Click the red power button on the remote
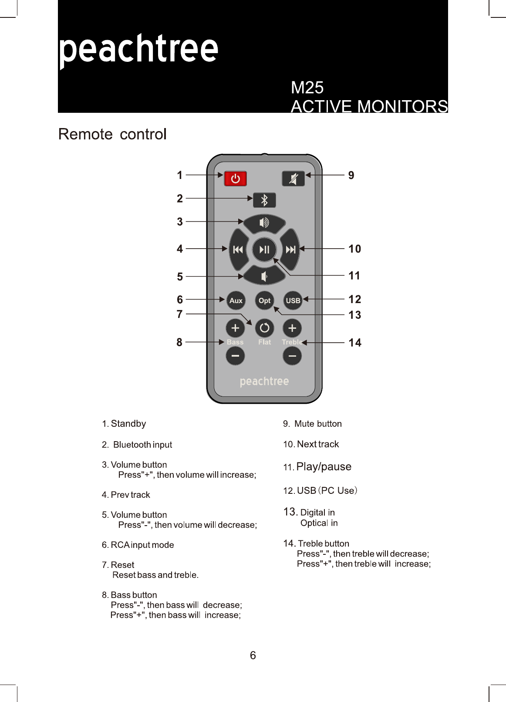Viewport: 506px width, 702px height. [236, 179]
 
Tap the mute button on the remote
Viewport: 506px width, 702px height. [293, 179]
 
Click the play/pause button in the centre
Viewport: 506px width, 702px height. [264, 250]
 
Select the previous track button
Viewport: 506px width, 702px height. [238, 250]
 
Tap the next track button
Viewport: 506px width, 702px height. [290, 250]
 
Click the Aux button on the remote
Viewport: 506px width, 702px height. [236, 300]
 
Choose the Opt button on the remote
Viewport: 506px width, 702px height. [264, 300]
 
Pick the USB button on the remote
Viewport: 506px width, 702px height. [293, 300]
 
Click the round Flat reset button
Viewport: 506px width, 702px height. [264, 328]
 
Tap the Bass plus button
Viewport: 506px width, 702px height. [235, 328]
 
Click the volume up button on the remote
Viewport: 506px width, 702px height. [264, 223]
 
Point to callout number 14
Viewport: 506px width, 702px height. [355, 343]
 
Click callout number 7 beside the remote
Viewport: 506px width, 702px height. [179, 314]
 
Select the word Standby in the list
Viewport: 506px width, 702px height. [128, 424]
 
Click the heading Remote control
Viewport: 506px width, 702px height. [112, 134]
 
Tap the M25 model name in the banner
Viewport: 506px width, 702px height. [307, 88]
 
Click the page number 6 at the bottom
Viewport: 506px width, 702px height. [253, 655]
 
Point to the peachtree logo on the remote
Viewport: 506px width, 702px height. [264, 381]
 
